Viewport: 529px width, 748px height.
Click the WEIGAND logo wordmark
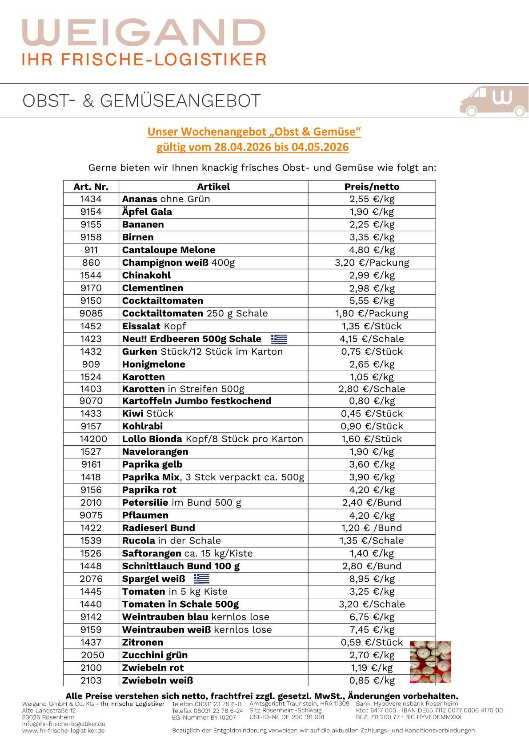tap(144, 32)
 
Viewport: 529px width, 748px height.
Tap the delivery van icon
tap(493, 101)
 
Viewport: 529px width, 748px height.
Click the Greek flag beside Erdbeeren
tap(279, 339)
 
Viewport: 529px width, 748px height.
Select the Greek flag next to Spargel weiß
tap(201, 579)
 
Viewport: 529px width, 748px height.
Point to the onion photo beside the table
tap(430, 662)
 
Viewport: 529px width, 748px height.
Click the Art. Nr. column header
tap(91, 187)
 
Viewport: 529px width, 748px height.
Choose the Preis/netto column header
tap(372, 187)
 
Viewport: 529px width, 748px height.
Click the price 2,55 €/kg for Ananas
tap(372, 199)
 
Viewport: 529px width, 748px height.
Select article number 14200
tap(93, 439)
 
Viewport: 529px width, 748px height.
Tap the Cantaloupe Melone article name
tap(168, 250)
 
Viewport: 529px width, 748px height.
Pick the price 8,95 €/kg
tap(372, 579)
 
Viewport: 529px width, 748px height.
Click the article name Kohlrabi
tap(142, 426)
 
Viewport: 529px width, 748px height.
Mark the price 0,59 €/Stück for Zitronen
tap(372, 642)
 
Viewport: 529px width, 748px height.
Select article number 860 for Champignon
tap(91, 263)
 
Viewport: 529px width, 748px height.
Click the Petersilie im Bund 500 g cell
tap(181, 503)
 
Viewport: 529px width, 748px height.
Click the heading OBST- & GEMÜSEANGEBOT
tap(141, 101)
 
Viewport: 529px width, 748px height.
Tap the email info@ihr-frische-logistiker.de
tap(64, 724)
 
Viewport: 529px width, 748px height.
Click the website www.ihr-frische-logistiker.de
tap(64, 731)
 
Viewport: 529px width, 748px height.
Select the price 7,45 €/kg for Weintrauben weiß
tap(372, 630)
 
